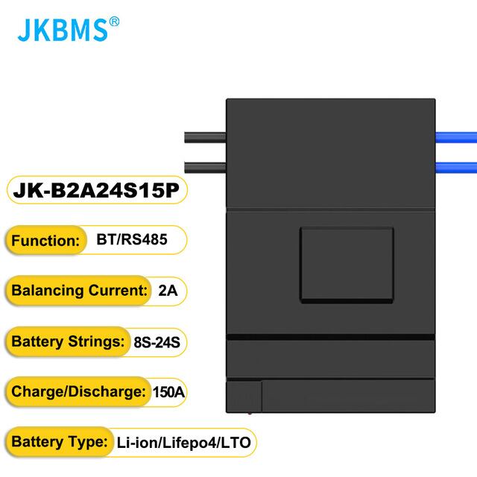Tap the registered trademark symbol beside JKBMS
coord(114,22)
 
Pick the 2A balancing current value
coord(168,291)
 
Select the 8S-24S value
coord(156,342)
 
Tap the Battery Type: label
coord(57,442)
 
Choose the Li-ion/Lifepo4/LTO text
coord(183,442)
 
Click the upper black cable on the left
coord(204,138)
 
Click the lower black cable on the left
coord(204,167)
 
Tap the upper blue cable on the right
coord(456,137)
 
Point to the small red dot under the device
coord(250,411)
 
